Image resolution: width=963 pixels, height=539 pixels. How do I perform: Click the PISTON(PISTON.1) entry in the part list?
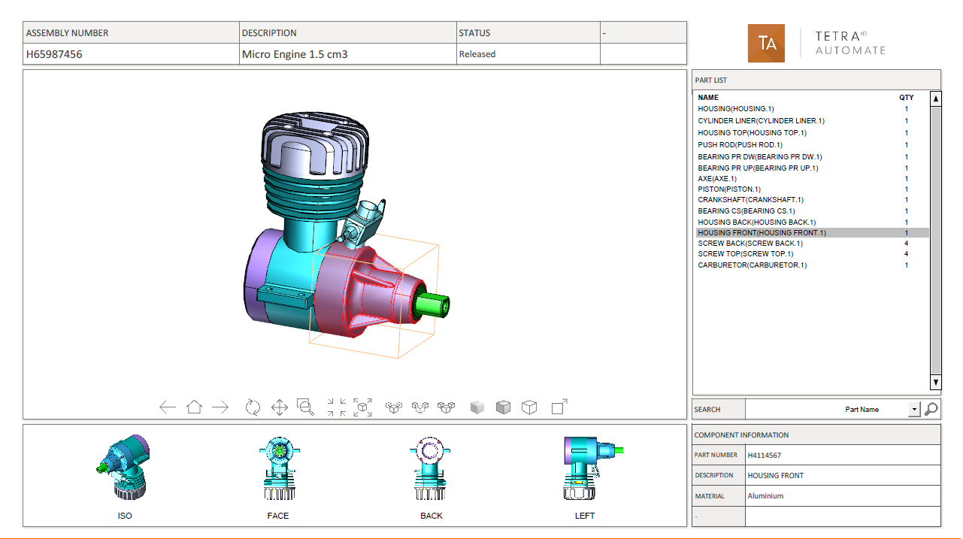click(729, 189)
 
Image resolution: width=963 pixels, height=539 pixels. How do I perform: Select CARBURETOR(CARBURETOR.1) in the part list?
click(753, 265)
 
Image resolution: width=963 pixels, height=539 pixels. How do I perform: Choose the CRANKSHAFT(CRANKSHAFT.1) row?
click(750, 200)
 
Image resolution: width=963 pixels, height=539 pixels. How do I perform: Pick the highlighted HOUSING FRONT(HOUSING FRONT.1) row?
click(762, 232)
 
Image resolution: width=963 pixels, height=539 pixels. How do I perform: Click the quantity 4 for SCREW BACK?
click(907, 244)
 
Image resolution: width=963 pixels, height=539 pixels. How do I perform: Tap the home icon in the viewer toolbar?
click(194, 407)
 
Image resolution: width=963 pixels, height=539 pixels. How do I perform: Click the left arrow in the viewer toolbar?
click(167, 407)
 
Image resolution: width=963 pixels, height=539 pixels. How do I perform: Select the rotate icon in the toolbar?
click(253, 407)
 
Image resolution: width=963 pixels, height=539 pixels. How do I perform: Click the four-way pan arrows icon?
click(280, 407)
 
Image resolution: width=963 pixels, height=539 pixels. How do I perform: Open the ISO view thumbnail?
click(124, 467)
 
